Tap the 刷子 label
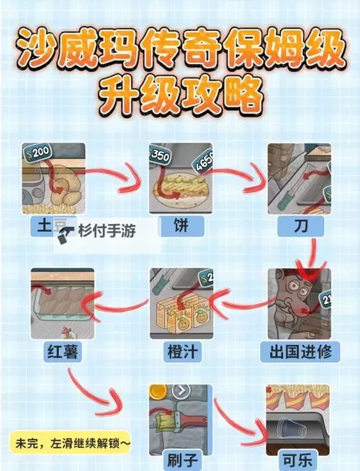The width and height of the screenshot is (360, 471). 179,457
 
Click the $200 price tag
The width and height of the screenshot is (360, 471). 37,152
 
